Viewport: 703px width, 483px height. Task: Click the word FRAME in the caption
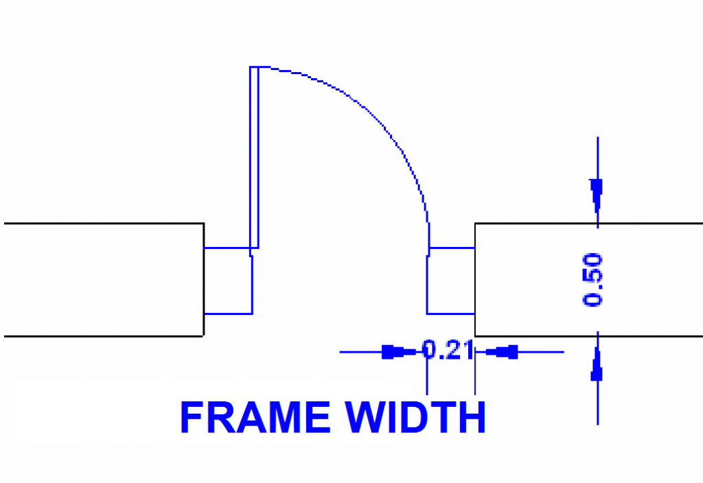tap(255, 417)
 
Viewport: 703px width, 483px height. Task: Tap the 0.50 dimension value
tap(592, 279)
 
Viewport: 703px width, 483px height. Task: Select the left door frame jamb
tap(229, 281)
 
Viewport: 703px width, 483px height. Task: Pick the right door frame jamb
tap(451, 281)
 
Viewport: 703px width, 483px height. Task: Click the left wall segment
tap(103, 280)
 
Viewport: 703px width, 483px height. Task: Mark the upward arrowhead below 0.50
tap(597, 368)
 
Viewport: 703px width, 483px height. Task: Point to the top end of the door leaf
tap(254, 68)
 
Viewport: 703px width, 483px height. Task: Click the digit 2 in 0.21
tap(451, 351)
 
